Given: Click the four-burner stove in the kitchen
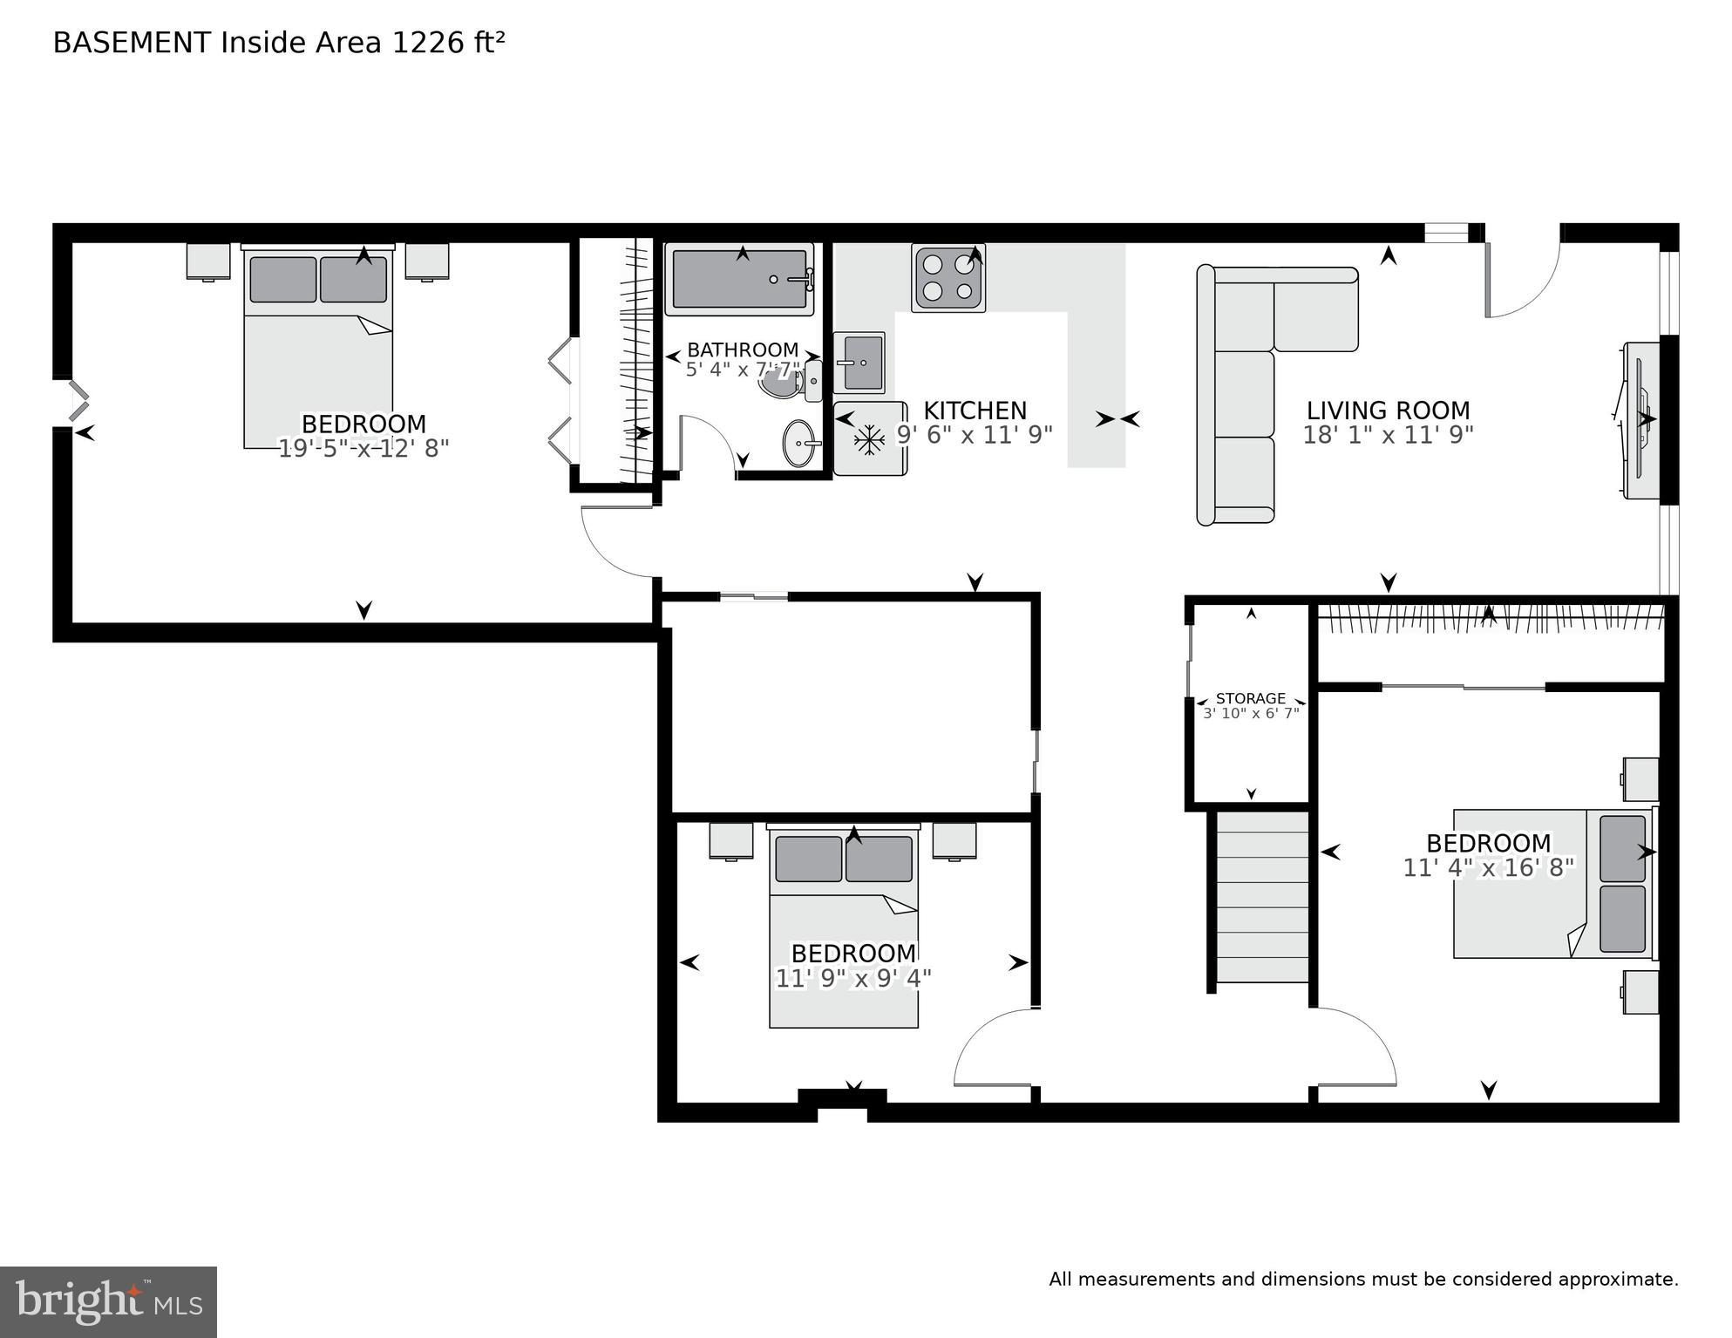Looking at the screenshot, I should [948, 277].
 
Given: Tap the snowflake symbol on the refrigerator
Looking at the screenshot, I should [869, 439].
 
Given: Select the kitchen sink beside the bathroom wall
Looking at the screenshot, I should [859, 363].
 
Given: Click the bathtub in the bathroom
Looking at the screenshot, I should [739, 279].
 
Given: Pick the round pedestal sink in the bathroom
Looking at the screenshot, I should [799, 444].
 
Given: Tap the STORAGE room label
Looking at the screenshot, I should [1250, 698].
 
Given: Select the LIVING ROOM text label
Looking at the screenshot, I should [1388, 410].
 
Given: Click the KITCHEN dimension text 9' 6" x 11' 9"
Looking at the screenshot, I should [975, 434].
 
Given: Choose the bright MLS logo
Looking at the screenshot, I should [108, 1301].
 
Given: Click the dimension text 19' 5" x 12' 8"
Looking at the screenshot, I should [363, 448].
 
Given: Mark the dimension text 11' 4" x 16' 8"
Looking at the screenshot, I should [1488, 867].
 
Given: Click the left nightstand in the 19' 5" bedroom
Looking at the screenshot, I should [208, 261].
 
